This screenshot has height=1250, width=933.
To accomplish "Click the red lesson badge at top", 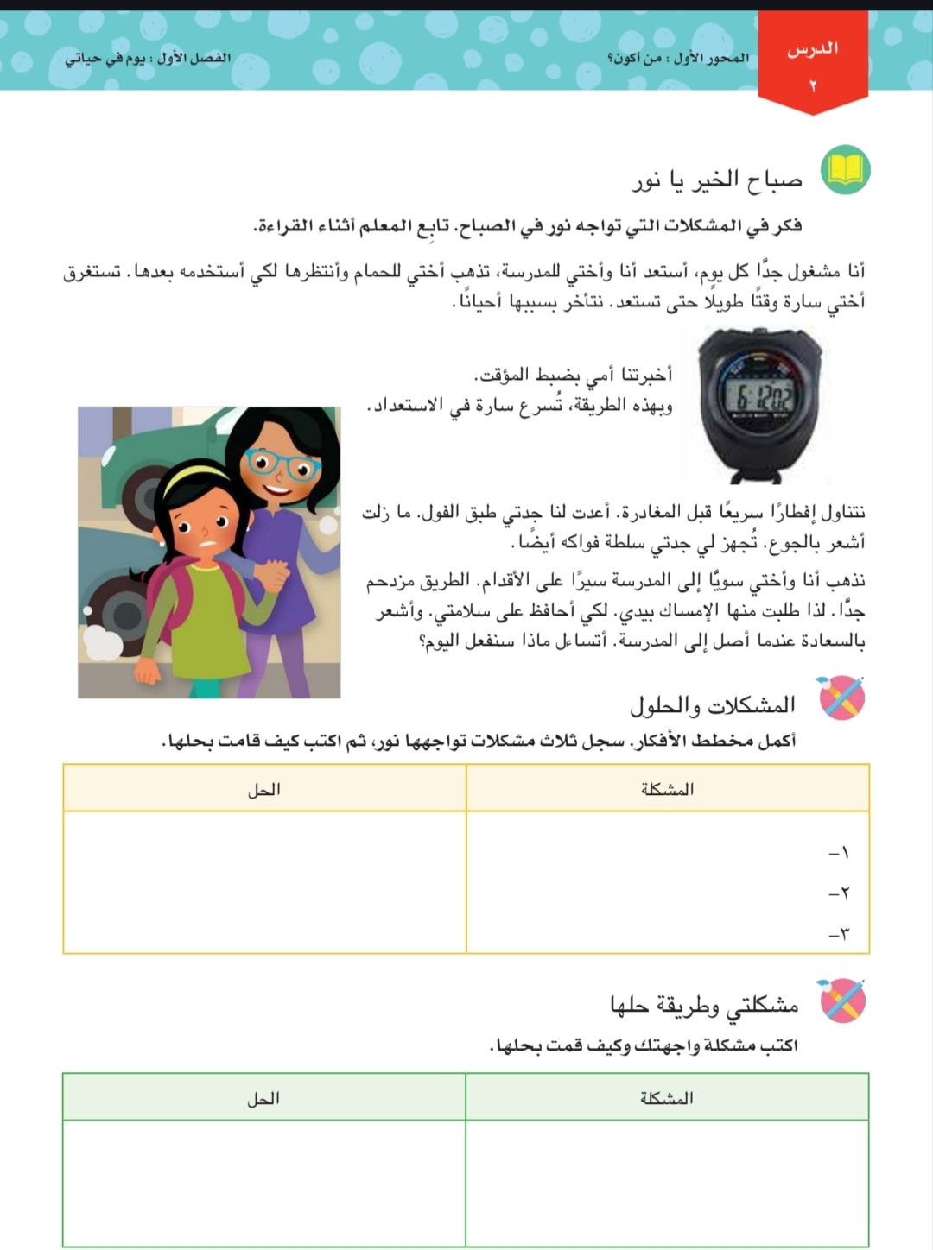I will tap(812, 63).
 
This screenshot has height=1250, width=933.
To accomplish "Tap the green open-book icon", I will tap(844, 170).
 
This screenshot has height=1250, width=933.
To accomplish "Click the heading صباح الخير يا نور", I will tap(718, 180).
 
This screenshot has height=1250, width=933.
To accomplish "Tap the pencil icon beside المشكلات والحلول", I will tap(841, 698).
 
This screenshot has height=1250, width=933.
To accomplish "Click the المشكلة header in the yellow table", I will tap(667, 789).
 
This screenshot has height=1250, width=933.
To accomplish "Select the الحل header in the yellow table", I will tap(263, 789).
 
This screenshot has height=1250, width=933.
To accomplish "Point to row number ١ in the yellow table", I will tap(840, 853).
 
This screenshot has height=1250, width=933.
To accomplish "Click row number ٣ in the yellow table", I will tap(840, 933).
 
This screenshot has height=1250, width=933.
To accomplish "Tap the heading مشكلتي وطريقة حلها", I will tap(703, 1005).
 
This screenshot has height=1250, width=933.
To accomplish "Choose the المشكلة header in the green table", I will tap(666, 1098).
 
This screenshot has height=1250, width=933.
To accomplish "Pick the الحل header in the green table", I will tap(263, 1098).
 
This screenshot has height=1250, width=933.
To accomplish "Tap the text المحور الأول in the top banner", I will tap(712, 58).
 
